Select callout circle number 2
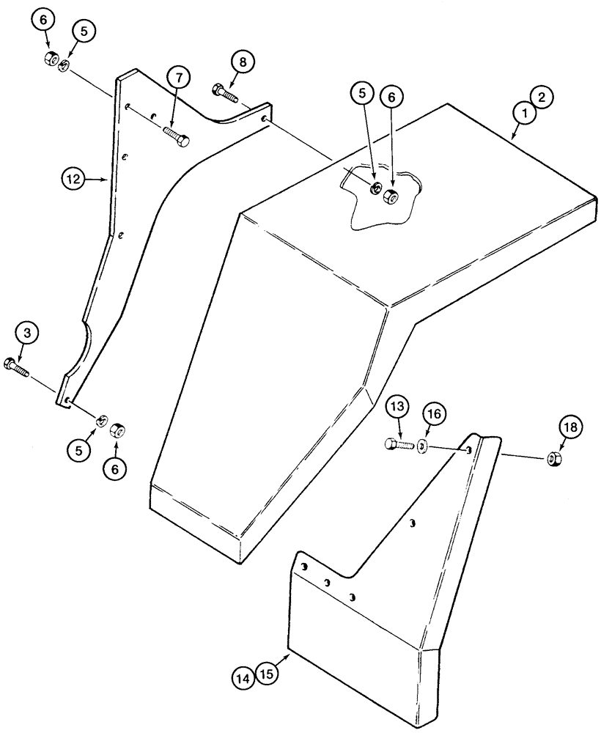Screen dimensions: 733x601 click(x=542, y=97)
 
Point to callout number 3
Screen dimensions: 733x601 click(x=27, y=335)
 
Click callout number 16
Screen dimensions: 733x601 click(x=432, y=416)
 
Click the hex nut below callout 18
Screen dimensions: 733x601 click(x=554, y=460)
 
